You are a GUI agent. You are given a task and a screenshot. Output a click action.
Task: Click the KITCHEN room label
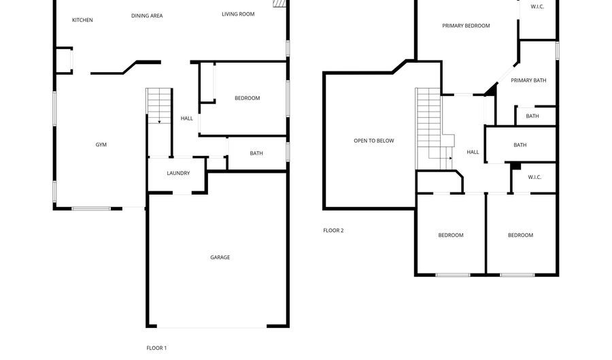(x=82, y=20)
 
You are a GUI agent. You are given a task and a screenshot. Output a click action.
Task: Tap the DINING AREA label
(x=147, y=16)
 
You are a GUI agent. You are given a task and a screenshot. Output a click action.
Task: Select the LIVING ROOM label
(x=238, y=14)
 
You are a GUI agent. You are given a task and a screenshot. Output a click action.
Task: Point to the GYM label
(x=101, y=144)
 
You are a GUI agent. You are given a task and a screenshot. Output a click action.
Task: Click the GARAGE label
(x=220, y=257)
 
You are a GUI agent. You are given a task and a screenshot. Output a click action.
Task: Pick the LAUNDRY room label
(x=178, y=173)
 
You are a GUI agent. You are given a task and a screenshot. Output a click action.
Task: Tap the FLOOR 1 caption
(x=156, y=348)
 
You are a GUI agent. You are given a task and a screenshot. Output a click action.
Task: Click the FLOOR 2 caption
(x=333, y=231)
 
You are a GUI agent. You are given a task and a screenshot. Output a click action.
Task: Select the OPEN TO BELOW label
(x=374, y=141)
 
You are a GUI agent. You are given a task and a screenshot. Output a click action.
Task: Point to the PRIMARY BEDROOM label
(x=466, y=26)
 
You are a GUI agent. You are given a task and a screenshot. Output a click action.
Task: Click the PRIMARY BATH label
(x=528, y=80)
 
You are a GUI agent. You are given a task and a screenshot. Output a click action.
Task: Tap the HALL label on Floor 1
(x=186, y=118)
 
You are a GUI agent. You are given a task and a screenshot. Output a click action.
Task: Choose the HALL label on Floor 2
(x=473, y=152)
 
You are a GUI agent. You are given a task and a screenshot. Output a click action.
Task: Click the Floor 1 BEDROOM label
(x=247, y=98)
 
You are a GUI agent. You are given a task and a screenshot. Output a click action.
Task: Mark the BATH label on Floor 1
(x=256, y=153)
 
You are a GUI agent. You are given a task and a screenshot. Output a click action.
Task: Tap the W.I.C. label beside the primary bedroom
(x=537, y=7)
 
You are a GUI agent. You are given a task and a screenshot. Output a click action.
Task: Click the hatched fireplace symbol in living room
(x=279, y=3)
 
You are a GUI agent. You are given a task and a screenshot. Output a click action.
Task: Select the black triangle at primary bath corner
(x=492, y=91)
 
